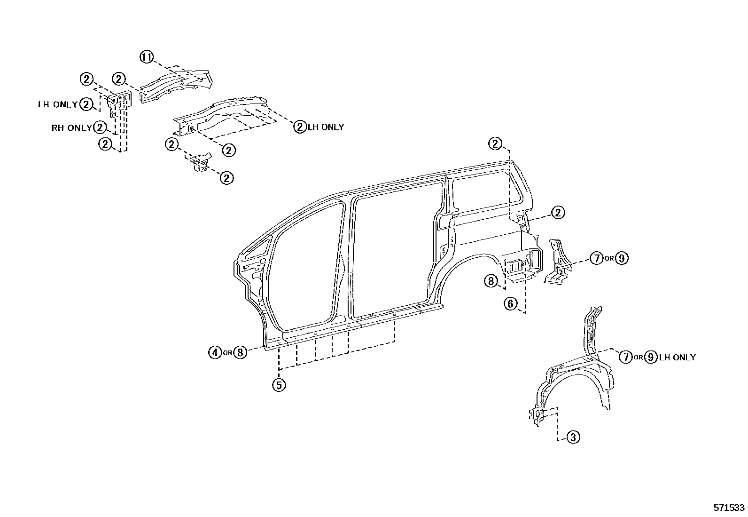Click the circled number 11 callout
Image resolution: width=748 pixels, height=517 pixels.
pos(147,57)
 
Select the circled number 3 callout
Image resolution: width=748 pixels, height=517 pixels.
pos(573,437)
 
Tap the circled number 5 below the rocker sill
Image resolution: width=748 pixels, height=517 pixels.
pos(279,385)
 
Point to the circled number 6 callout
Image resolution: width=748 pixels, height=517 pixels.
pos(511,303)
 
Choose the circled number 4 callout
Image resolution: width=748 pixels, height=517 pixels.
pos(215,352)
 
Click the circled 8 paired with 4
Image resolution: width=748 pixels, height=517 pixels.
pos(240,352)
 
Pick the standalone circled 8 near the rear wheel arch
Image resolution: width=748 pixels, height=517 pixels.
pos(491,281)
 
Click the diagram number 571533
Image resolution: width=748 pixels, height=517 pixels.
pos(729,508)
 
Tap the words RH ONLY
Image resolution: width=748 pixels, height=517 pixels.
pos(71,128)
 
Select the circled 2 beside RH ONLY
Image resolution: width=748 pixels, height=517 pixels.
pos(100,127)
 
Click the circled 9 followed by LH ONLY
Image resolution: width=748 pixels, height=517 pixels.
pos(651,358)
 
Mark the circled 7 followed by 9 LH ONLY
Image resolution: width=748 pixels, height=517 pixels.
pos(625,358)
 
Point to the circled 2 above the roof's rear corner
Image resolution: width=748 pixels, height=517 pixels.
pos(495,143)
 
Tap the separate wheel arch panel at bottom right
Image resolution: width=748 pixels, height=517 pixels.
pos(578,376)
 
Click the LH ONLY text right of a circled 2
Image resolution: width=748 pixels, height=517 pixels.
pos(326,127)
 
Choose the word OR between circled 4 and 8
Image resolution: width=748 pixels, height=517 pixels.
pos(227,353)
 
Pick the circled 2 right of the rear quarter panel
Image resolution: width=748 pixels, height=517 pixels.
pos(558,213)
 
